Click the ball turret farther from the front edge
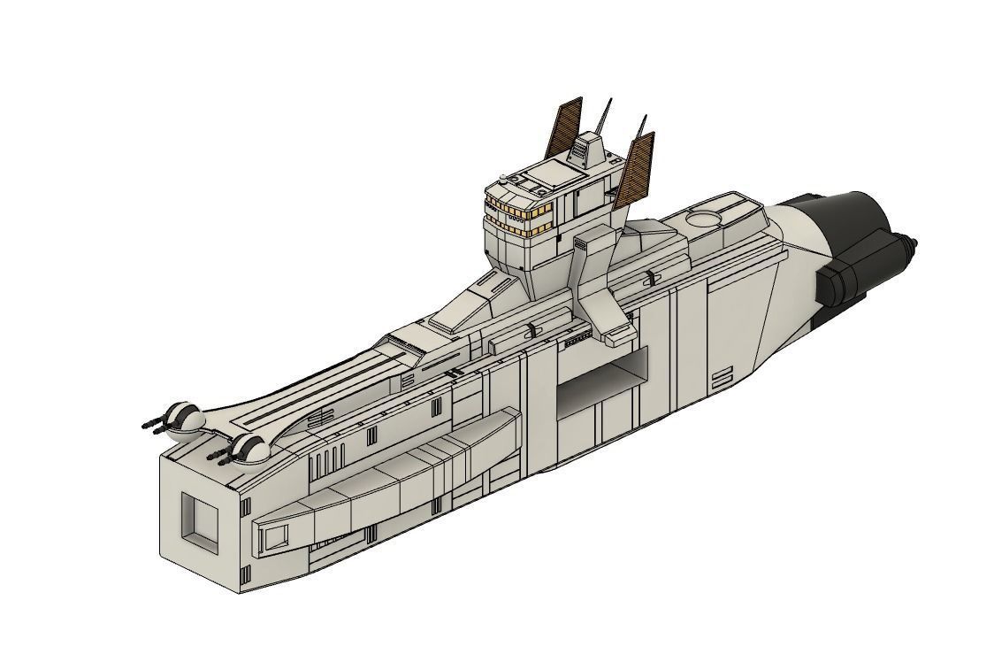187,419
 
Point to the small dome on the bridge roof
503,180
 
